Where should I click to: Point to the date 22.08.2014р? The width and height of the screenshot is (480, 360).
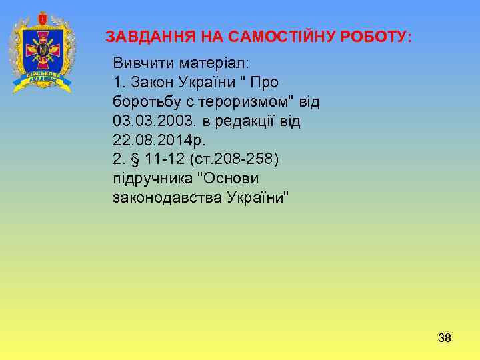(x=160, y=141)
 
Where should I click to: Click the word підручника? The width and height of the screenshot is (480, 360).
(x=151, y=179)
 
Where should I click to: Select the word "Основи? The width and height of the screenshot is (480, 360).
(x=231, y=179)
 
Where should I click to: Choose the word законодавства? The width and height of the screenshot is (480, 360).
(x=167, y=199)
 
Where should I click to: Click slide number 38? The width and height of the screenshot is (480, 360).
(x=444, y=338)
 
